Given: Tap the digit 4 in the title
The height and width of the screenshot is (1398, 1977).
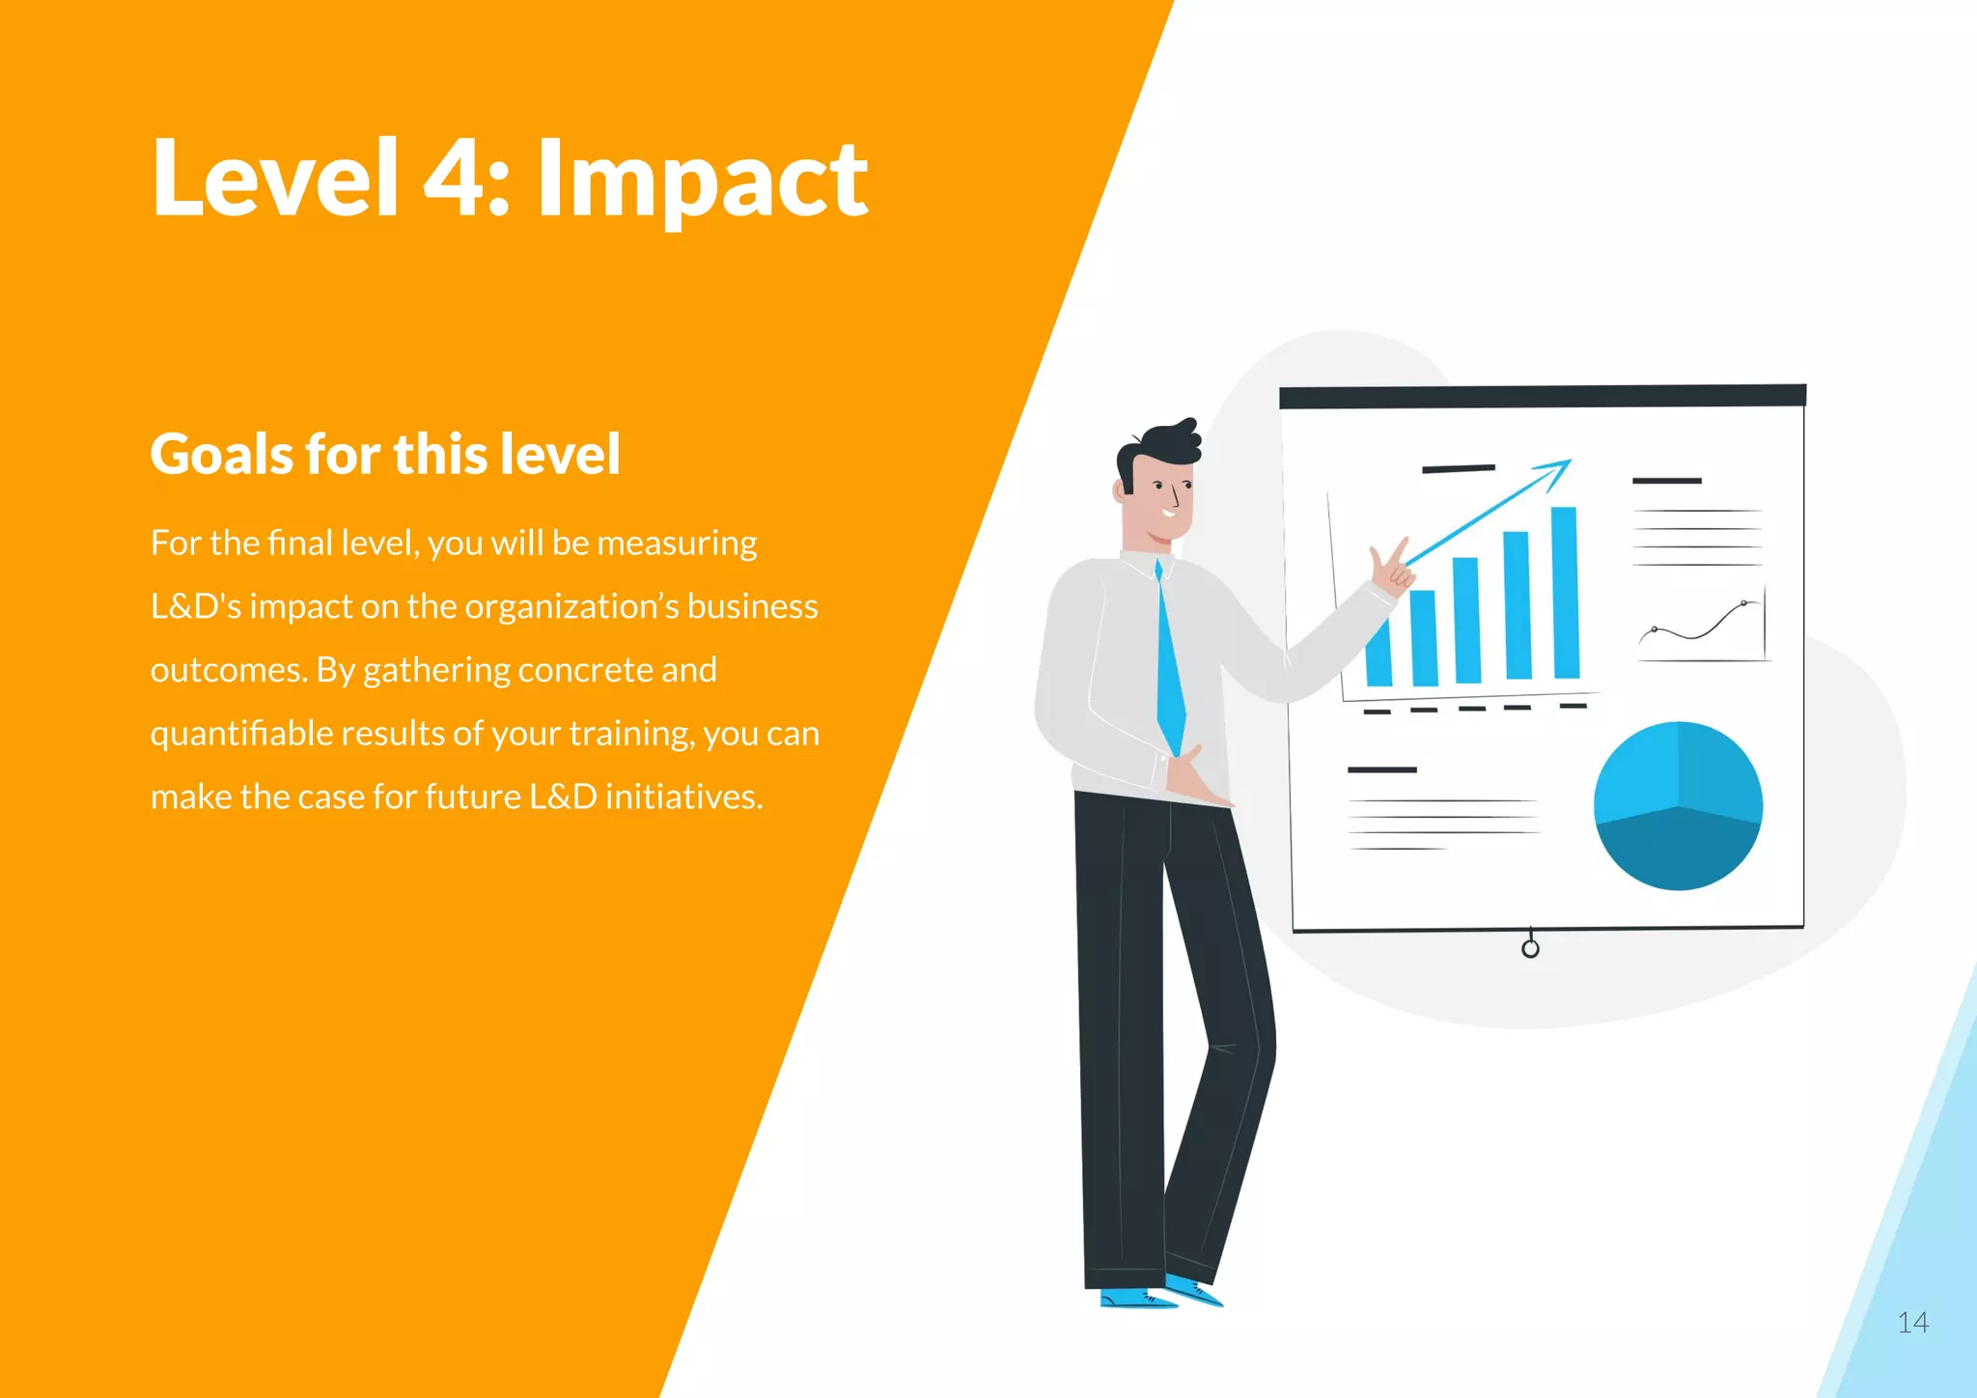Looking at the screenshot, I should tap(454, 179).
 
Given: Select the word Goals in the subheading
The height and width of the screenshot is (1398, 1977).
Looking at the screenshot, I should tap(219, 454).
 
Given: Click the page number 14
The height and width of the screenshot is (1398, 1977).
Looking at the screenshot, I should tap(1912, 1323).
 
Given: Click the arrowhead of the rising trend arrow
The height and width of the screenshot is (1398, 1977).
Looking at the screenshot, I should tap(1557, 470).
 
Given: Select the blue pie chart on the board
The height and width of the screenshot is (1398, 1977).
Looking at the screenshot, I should tap(1678, 805).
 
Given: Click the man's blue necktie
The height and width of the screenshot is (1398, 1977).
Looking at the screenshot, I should tap(1169, 666).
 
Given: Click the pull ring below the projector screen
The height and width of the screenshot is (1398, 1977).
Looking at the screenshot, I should tap(1530, 948).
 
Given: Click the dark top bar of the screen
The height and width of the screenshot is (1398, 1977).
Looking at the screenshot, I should tap(1542, 396).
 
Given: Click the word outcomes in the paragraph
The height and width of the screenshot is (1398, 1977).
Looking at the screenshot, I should tap(229, 670).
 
